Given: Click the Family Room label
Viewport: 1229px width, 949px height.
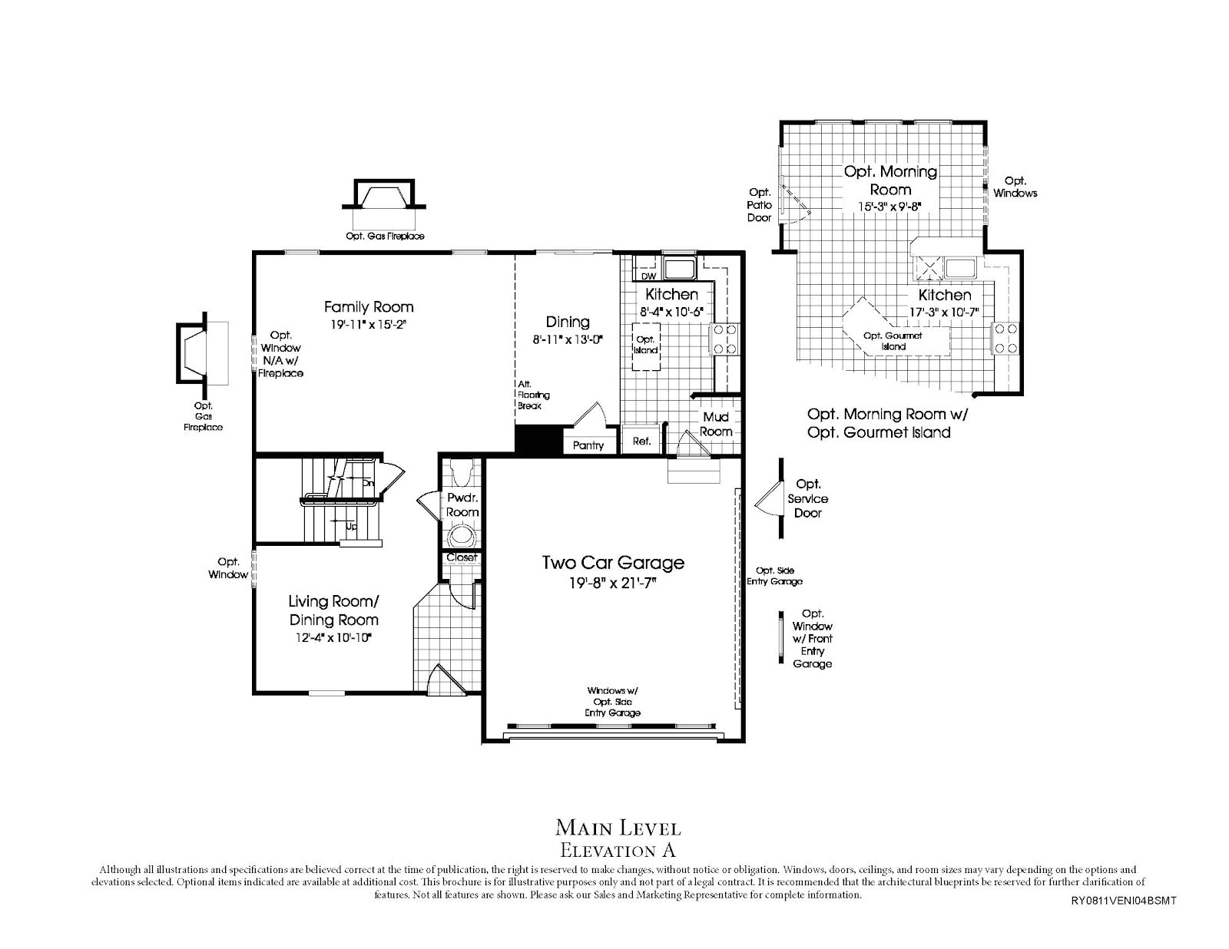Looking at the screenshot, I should (368, 307).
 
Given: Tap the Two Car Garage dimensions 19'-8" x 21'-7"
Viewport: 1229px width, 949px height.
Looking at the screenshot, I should (613, 584).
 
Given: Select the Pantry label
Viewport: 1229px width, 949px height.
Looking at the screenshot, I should (588, 445).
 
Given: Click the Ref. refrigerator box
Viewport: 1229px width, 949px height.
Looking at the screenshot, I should (641, 441).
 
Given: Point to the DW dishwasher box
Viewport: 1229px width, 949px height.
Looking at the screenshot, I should (648, 276).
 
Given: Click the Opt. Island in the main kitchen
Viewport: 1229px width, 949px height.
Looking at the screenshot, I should (646, 345).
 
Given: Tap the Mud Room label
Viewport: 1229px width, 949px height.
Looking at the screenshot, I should (715, 424).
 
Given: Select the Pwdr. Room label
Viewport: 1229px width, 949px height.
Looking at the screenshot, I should (462, 504).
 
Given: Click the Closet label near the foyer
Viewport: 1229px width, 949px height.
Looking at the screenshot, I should (462, 557).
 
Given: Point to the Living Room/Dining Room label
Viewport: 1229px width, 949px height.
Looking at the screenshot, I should (333, 610).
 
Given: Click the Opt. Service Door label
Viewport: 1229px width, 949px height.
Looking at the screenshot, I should (808, 498).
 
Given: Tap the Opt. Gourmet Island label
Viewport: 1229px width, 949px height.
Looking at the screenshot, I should (893, 341).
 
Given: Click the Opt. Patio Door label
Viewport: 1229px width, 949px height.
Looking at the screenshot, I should (759, 205).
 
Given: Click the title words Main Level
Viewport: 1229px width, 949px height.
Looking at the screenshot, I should (618, 828).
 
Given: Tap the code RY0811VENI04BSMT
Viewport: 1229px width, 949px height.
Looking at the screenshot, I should (1122, 901).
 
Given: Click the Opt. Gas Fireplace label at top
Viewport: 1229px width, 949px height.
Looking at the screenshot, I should (385, 236).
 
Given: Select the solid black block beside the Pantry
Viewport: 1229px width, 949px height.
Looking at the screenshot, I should (538, 440).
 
